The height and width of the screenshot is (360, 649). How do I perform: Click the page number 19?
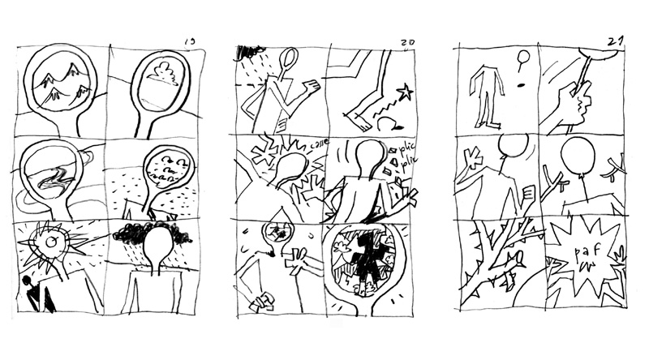[x=190, y=41]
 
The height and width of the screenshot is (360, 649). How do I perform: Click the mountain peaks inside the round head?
[x=60, y=81]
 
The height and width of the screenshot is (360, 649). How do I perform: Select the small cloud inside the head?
[x=168, y=75]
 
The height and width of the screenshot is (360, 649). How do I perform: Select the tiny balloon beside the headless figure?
[x=523, y=58]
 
